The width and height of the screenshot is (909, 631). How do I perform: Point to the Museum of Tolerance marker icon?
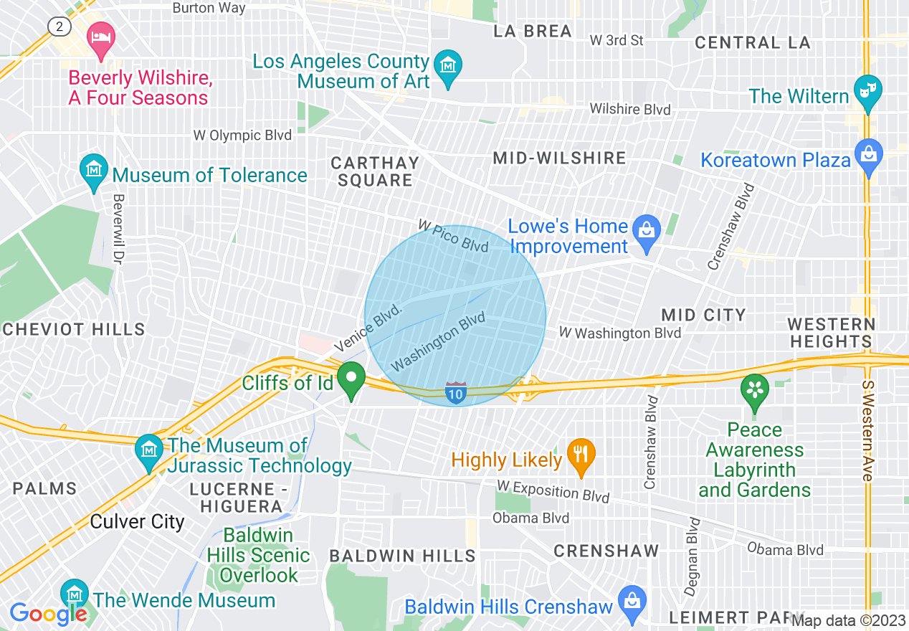(93, 171)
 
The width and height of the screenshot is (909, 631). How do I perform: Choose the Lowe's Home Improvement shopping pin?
(647, 232)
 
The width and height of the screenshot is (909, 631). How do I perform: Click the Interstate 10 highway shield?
(454, 392)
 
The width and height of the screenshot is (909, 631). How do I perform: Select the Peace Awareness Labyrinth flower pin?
(753, 391)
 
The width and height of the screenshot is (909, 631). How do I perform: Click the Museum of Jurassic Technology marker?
(149, 450)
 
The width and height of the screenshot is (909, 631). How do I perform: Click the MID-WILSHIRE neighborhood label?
(559, 158)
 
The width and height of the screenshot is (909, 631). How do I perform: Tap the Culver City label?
(137, 521)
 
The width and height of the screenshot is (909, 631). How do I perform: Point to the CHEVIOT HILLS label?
(74, 329)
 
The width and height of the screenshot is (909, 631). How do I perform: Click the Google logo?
(48, 614)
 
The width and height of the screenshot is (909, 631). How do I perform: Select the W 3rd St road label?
(616, 40)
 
